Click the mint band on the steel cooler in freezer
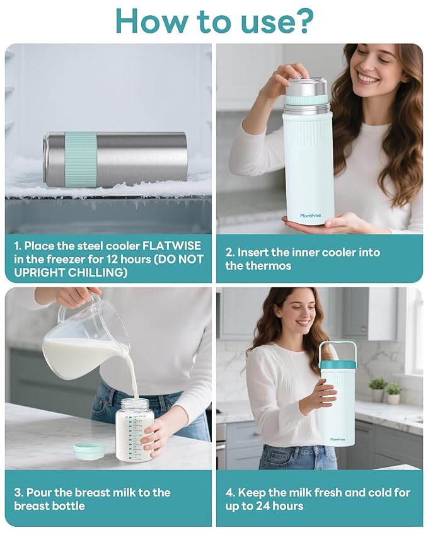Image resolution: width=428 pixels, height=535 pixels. (x=81, y=159)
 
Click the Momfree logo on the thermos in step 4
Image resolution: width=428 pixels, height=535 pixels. (x=338, y=440)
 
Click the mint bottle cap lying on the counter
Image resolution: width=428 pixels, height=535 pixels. (x=89, y=449)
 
